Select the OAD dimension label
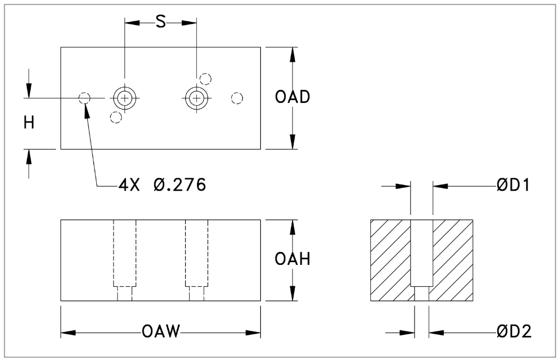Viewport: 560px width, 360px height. pos(293,97)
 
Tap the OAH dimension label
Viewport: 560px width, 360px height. pos(293,260)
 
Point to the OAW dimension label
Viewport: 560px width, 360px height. pos(161,333)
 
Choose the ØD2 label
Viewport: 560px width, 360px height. pos(514,332)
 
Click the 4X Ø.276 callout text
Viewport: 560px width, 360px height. pos(162,184)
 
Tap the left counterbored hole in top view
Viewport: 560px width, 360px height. pos(125,98)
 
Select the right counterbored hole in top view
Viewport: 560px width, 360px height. pos(196,98)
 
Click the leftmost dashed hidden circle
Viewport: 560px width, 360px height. pos(84,98)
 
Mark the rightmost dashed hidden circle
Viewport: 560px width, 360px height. pos(237,98)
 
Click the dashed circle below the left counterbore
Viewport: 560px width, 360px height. pos(116,117)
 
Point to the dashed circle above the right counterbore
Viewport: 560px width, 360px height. pos(205,79)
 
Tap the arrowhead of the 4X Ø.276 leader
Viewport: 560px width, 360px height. pos(86,107)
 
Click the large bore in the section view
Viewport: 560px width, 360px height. pos(421,252)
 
